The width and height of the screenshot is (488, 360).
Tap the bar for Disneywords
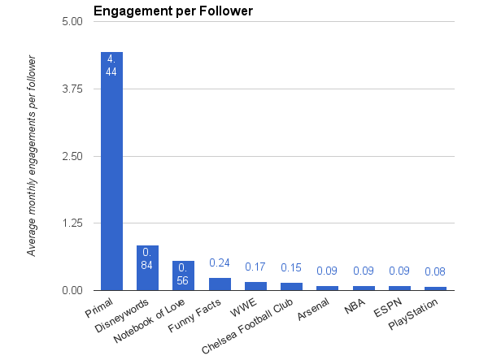coord(147,267)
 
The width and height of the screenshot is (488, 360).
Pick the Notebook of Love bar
coord(183,275)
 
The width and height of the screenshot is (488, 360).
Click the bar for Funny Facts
coord(220,284)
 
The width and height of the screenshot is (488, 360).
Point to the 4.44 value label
coord(111,65)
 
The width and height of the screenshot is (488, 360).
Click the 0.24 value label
coord(220,263)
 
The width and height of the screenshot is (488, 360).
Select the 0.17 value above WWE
coord(255,267)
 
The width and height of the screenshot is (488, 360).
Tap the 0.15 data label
coord(291,268)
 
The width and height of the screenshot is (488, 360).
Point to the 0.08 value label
coord(435,272)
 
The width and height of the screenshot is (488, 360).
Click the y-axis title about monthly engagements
coord(33,156)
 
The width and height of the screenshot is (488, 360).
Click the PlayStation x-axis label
coord(415,314)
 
